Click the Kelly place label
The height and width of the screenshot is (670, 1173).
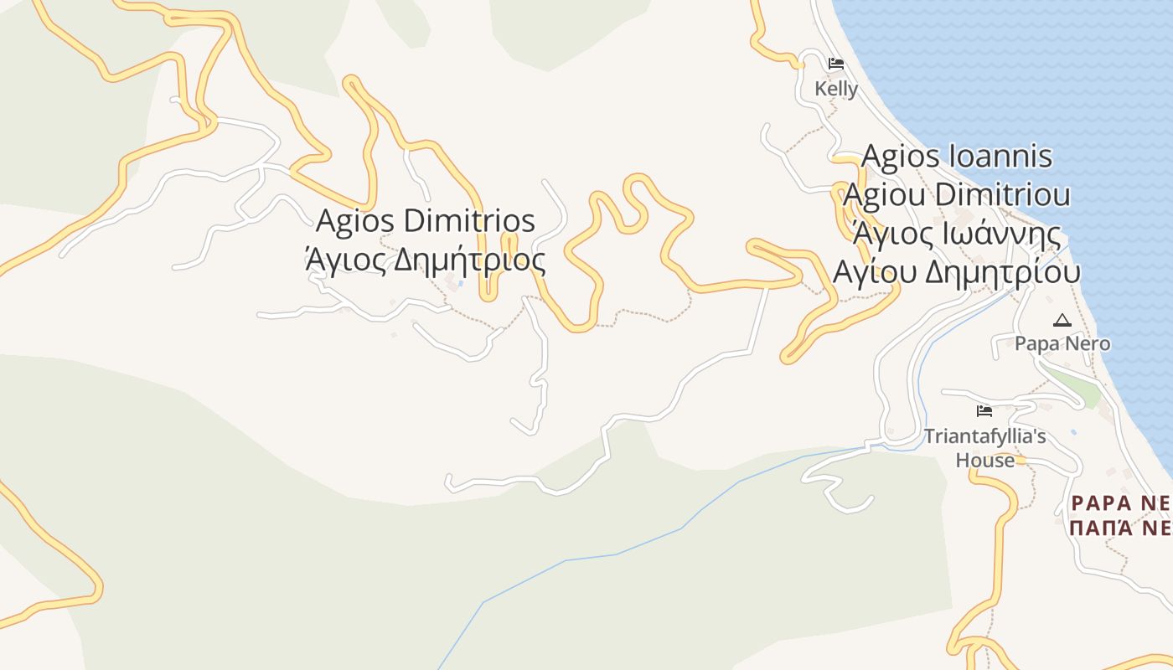(x=836, y=89)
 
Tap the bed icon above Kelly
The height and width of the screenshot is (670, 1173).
(x=835, y=64)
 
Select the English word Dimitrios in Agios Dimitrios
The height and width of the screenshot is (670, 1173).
(x=469, y=222)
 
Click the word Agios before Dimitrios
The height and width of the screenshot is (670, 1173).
(x=356, y=222)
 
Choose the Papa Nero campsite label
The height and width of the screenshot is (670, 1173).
(x=1062, y=344)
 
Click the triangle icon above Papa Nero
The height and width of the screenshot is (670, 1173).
(x=1062, y=320)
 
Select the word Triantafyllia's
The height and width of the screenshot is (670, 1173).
(x=985, y=436)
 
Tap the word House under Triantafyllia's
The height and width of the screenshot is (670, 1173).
(x=984, y=460)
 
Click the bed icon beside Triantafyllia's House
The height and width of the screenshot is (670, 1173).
(x=984, y=411)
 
